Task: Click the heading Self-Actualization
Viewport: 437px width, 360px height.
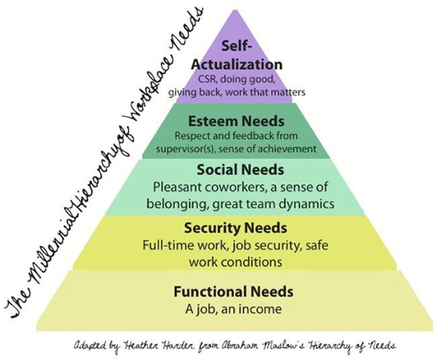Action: point(236,55)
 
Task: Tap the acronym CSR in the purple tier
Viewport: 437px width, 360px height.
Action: point(207,80)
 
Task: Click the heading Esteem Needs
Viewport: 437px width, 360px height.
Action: point(236,121)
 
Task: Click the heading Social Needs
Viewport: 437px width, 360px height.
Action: point(240,169)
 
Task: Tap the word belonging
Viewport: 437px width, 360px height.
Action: point(178,205)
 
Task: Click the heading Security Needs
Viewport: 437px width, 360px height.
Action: point(236,228)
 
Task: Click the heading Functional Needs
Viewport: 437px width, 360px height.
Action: point(233,292)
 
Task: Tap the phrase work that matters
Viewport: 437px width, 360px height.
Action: point(265,92)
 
